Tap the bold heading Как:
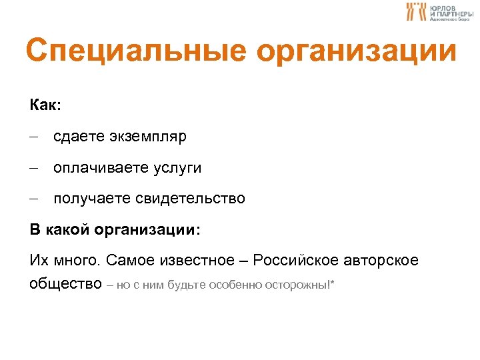tap(45, 105)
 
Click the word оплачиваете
tap(98, 168)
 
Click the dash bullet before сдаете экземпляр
tap(35, 137)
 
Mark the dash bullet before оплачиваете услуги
tap(35, 168)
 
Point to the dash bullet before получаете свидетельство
tap(35, 199)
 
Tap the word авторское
tap(386, 260)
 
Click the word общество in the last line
tap(65, 285)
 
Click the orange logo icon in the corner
tap(417, 11)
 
